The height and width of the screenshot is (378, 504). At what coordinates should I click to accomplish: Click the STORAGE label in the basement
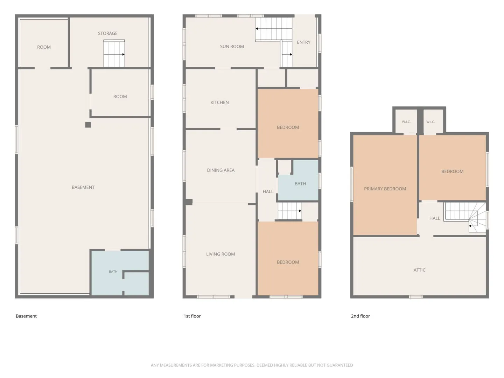point(108,33)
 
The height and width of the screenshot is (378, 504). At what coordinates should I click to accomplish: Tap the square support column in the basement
point(88,125)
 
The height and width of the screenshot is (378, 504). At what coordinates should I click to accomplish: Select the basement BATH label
point(113,272)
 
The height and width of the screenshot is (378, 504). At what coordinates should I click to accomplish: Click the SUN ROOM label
point(232,46)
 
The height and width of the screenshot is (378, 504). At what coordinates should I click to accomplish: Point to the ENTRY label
point(303,42)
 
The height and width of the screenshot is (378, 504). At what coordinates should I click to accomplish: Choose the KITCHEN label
point(219,102)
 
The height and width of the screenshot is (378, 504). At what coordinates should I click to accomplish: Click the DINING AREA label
point(220,170)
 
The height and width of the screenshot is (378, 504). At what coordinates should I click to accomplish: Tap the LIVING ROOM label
point(220,254)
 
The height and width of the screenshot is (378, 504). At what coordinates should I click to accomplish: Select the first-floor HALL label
point(268,191)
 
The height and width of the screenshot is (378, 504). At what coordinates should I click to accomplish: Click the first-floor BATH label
point(300,184)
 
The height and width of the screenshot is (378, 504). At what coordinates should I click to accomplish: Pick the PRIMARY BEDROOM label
point(385,189)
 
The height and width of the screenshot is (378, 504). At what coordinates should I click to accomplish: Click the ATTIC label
point(420,270)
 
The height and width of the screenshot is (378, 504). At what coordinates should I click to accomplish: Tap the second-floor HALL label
point(435,218)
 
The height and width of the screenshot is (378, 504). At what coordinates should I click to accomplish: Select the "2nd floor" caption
point(360,316)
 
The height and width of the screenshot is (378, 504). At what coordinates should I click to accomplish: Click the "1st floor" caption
point(192,316)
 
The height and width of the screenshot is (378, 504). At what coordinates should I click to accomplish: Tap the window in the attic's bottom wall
point(415,297)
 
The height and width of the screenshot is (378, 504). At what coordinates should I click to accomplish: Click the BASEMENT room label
point(83,187)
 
